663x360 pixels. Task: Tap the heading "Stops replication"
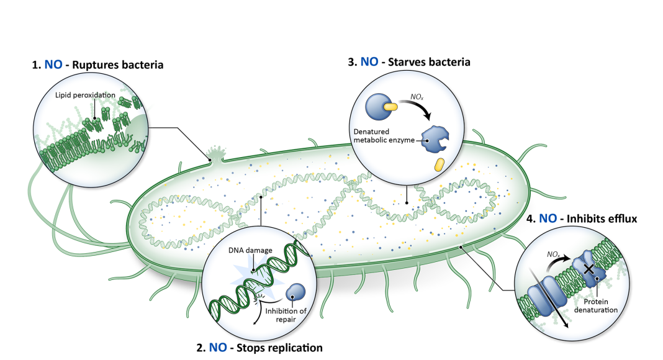click(x=276, y=348)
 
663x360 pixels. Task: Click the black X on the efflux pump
click(x=585, y=269)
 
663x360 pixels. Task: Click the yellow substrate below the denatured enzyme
click(x=439, y=164)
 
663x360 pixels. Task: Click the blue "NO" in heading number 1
click(x=53, y=64)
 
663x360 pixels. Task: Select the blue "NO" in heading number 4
click(x=548, y=218)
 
